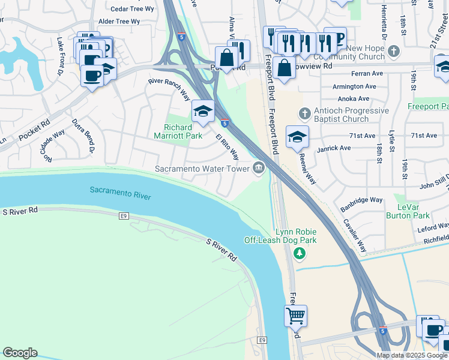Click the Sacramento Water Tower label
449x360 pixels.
click(202, 169)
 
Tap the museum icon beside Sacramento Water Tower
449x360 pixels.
click(259, 167)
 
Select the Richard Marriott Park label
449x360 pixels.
click(178, 131)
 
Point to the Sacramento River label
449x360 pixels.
click(121, 193)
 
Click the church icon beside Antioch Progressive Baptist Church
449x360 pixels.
click(304, 113)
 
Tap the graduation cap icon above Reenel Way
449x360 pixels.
click(297, 137)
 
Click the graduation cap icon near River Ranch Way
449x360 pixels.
click(203, 110)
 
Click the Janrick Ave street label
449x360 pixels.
click(334, 148)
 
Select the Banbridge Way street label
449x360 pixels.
click(360, 200)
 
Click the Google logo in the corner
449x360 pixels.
click(20, 353)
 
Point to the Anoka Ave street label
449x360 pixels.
click(354, 98)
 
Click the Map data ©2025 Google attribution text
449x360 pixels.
click(411, 355)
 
